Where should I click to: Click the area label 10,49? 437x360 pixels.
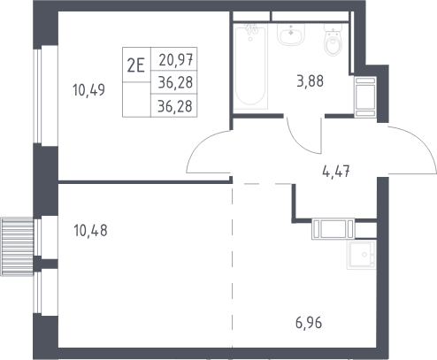tap(88, 90)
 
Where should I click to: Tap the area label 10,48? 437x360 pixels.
tap(90, 230)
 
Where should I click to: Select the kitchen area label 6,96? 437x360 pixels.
tap(309, 323)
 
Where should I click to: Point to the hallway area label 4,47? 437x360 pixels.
tap(336, 172)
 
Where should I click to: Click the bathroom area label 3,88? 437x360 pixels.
tap(310, 81)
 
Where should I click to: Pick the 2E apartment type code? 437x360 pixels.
tap(136, 65)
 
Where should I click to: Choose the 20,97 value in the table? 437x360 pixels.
tap(176, 60)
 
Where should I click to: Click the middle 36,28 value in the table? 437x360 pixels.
tap(175, 82)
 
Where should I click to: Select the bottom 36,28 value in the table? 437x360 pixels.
tap(175, 106)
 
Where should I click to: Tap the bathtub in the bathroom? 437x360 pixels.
tap(250, 66)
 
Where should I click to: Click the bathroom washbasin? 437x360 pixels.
tap(291, 34)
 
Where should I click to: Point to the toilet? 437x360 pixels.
tap(333, 40)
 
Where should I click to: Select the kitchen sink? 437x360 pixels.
tap(362, 255)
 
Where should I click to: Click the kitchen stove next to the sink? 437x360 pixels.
tap(333, 228)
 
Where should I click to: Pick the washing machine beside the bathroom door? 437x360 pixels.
tap(365, 97)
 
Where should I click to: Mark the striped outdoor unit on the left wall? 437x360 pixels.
tap(18, 247)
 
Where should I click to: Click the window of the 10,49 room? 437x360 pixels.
tap(38, 96)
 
